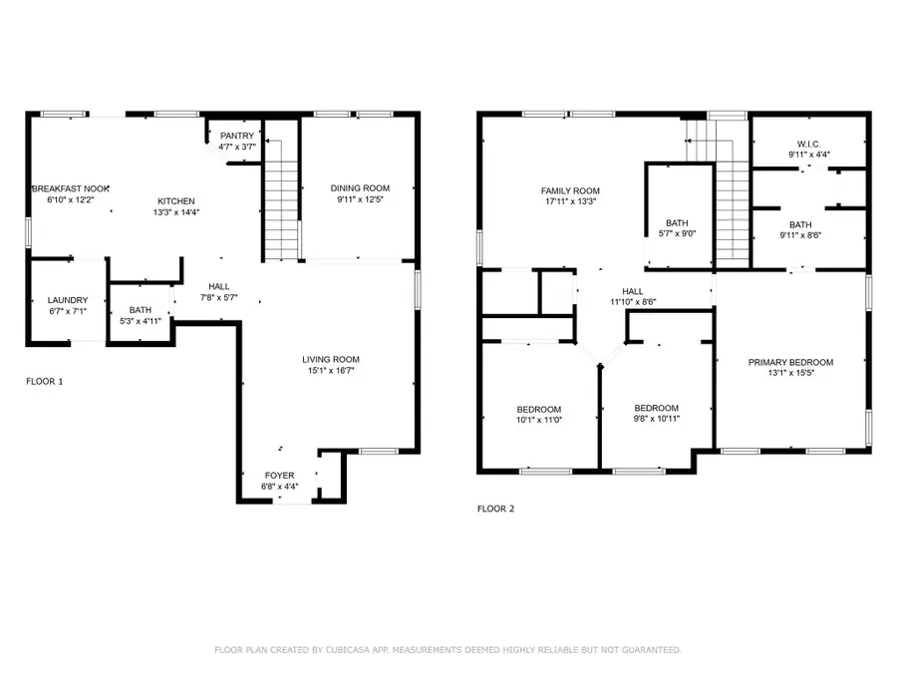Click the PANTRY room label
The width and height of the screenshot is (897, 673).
click(237, 137)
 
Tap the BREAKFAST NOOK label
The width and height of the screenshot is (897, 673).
click(70, 187)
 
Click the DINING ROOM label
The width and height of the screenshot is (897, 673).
click(360, 187)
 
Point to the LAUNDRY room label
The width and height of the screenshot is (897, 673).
click(68, 300)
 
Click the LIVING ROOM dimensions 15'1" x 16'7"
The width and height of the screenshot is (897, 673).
click(332, 370)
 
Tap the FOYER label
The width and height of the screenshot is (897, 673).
click(279, 476)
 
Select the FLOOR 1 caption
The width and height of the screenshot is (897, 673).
click(46, 381)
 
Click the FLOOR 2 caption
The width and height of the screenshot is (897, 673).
click(495, 508)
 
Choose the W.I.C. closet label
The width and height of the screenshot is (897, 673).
click(808, 143)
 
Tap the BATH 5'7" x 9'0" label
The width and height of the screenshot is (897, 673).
click(677, 223)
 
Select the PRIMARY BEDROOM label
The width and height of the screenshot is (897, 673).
click(790, 362)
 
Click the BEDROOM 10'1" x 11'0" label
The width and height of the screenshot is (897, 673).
click(538, 409)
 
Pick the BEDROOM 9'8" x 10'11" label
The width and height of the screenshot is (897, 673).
click(657, 408)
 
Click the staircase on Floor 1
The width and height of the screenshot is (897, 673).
click(282, 199)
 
